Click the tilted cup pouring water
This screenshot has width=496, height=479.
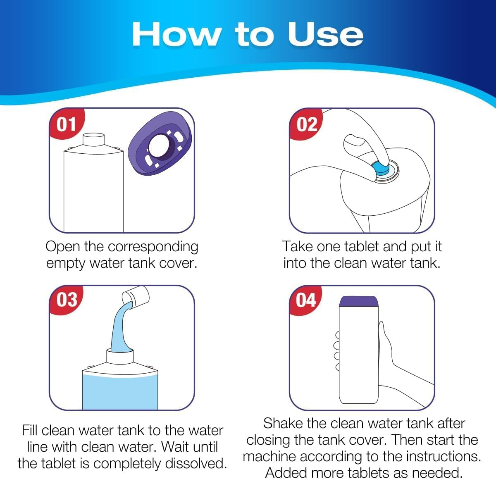point(136,296)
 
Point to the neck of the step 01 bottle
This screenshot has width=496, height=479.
point(95,141)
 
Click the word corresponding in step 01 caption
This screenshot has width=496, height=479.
point(153,247)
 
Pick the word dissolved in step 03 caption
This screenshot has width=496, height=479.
point(196,463)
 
